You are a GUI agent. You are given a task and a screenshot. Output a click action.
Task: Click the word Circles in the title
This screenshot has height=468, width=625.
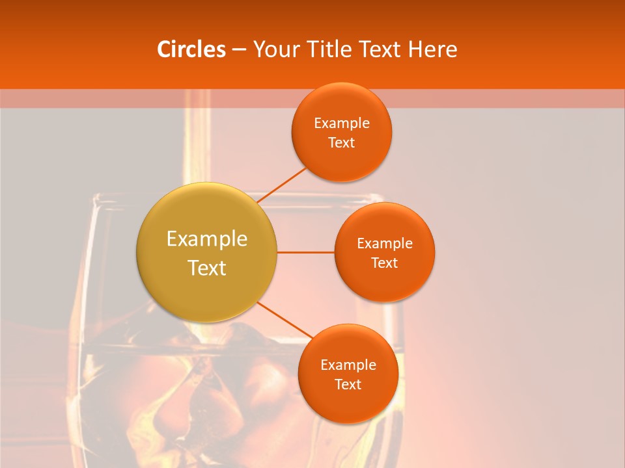pyautogui.click(x=191, y=49)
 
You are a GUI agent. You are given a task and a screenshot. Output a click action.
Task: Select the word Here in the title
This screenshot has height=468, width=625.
pyautogui.click(x=432, y=49)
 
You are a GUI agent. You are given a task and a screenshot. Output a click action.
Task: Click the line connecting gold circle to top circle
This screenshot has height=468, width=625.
pyautogui.click(x=281, y=185)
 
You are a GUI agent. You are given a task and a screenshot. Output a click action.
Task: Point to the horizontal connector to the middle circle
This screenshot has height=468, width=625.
pyautogui.click(x=305, y=252)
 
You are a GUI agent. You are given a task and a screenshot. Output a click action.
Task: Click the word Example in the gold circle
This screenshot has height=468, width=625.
pyautogui.click(x=207, y=239)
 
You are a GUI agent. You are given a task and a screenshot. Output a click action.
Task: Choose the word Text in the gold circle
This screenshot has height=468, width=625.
pyautogui.click(x=207, y=268)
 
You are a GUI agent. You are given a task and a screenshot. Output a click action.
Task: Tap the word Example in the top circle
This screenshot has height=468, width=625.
pyautogui.click(x=342, y=123)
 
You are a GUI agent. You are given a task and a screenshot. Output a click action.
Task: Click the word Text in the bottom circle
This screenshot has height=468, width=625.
pyautogui.click(x=348, y=385)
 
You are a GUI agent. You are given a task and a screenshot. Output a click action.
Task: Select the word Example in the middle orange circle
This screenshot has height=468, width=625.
pyautogui.click(x=385, y=244)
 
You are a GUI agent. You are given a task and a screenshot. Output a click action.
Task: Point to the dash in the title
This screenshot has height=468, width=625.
pyautogui.click(x=238, y=50)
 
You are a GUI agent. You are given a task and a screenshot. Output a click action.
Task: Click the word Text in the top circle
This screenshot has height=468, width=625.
pyautogui.click(x=342, y=143)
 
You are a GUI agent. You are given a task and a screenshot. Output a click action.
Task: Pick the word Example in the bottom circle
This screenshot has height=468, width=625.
pyautogui.click(x=348, y=365)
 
